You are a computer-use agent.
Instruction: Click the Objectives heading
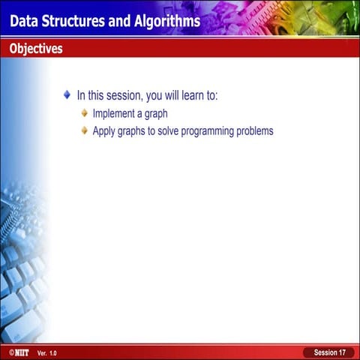coord(36,49)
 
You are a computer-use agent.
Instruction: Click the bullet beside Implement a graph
coord(85,113)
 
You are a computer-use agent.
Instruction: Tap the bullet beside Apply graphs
coord(85,130)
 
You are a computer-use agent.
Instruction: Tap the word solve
coord(171,131)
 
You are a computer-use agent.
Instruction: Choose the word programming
coord(212,131)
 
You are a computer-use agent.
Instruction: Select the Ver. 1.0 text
coord(46,352)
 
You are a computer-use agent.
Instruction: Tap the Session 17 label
coord(329,352)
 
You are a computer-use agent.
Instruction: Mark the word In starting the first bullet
coord(82,96)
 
